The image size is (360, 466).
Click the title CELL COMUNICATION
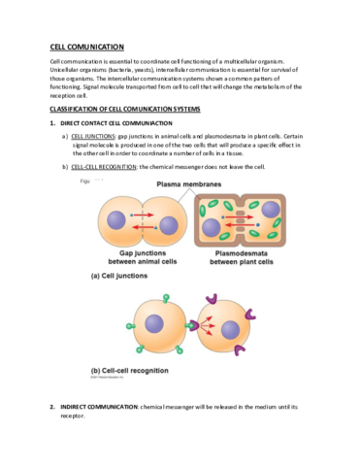86,47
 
